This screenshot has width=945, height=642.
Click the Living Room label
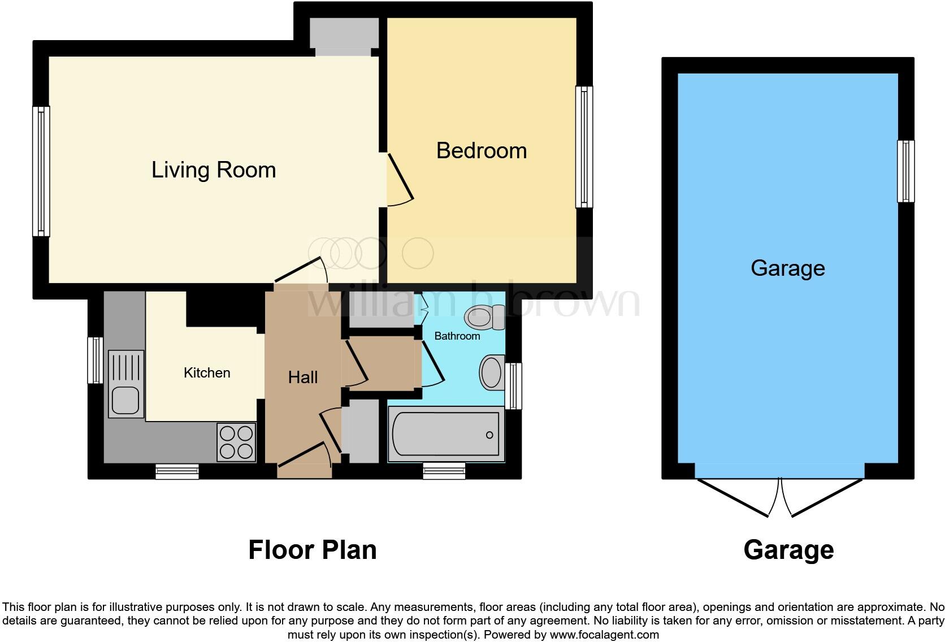click(214, 170)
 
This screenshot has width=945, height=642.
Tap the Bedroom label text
click(482, 151)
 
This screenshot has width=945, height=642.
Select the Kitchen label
click(207, 373)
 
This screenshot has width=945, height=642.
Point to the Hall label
click(303, 378)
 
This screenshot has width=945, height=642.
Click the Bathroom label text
click(457, 336)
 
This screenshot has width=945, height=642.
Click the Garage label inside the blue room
click(787, 268)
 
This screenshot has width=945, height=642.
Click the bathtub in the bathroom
click(446, 434)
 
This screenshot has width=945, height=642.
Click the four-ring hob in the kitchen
click(236, 442)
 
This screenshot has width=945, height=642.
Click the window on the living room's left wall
click(41, 171)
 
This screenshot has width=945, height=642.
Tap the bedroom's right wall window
click(584, 147)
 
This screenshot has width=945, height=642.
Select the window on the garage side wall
click(905, 171)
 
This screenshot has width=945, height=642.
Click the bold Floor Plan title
click(312, 550)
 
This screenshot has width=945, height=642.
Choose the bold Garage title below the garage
click(788, 550)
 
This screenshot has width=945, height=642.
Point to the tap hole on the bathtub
click(489, 435)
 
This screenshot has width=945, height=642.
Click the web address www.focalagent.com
click(604, 635)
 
